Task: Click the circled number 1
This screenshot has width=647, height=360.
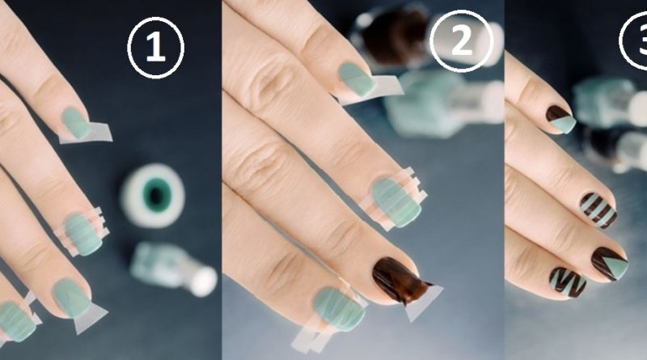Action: (155, 48)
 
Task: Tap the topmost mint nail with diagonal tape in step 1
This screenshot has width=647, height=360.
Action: (76, 123)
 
